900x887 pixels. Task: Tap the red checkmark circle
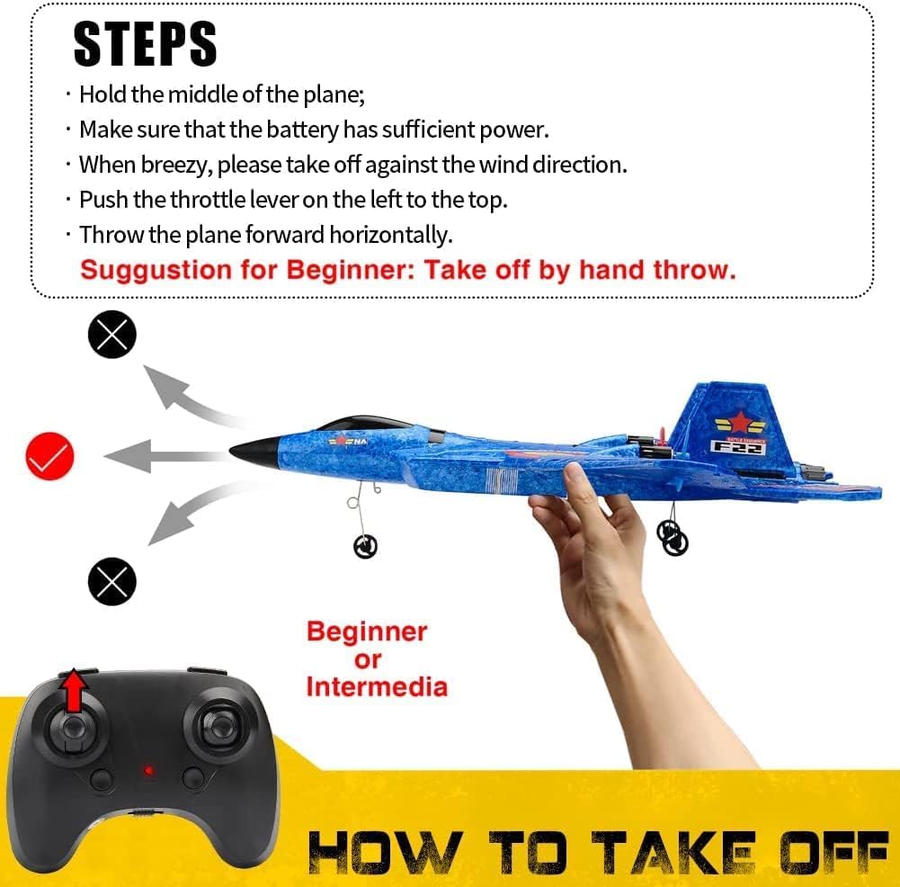[49, 457]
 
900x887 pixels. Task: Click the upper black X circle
[112, 335]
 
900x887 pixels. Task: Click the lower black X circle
[112, 581]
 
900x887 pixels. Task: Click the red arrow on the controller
[76, 691]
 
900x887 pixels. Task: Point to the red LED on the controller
[147, 771]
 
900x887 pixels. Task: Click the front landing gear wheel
[365, 545]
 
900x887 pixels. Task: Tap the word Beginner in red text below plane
[367, 632]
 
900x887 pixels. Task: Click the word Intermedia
[376, 687]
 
